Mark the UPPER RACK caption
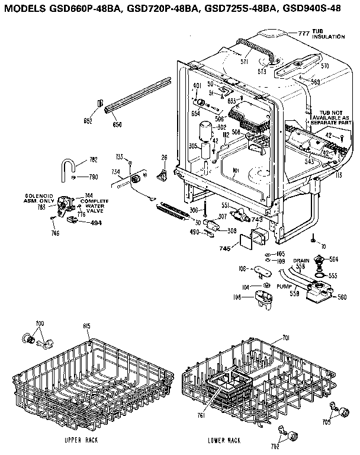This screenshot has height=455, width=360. click(x=81, y=441)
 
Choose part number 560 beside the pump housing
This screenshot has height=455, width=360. click(x=342, y=297)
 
